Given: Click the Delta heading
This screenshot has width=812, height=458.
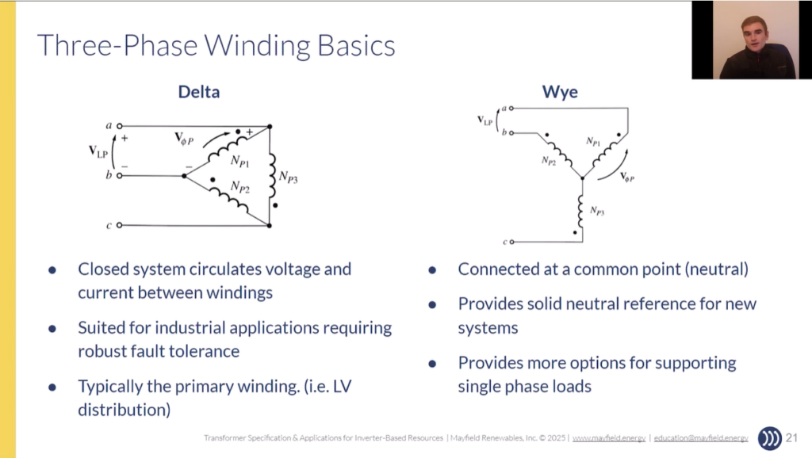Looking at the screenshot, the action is (x=199, y=92).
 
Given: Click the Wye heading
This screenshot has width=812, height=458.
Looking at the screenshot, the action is (x=560, y=92).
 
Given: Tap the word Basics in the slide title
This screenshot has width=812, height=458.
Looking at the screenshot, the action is (x=356, y=45).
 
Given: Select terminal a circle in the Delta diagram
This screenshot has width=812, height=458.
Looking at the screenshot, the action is (x=120, y=126).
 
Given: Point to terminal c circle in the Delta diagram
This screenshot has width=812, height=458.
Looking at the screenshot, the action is (x=120, y=225).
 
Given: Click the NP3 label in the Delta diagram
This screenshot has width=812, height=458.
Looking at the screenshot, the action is (x=289, y=177).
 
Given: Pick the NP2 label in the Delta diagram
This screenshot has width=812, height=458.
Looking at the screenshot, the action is (x=240, y=187).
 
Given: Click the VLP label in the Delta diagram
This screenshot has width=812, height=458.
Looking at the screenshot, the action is (x=98, y=151).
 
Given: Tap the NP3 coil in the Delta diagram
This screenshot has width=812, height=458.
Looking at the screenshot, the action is (x=273, y=175).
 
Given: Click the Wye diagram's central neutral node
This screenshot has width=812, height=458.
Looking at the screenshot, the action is (x=583, y=178).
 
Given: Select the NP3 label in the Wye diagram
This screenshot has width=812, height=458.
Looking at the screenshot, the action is (x=597, y=211).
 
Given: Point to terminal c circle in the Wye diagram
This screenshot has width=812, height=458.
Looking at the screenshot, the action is (x=511, y=242).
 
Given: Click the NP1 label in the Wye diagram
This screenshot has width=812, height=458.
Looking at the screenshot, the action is (x=593, y=141).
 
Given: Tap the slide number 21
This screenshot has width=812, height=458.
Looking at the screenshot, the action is (x=792, y=438).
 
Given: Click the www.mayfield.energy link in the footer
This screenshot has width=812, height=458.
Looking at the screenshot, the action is (x=609, y=438).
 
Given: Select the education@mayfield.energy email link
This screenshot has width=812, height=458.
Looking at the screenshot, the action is (x=701, y=438).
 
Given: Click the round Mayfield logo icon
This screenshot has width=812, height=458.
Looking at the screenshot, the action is (x=770, y=438).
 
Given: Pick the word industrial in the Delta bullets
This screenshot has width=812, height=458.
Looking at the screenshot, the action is (x=190, y=327).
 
